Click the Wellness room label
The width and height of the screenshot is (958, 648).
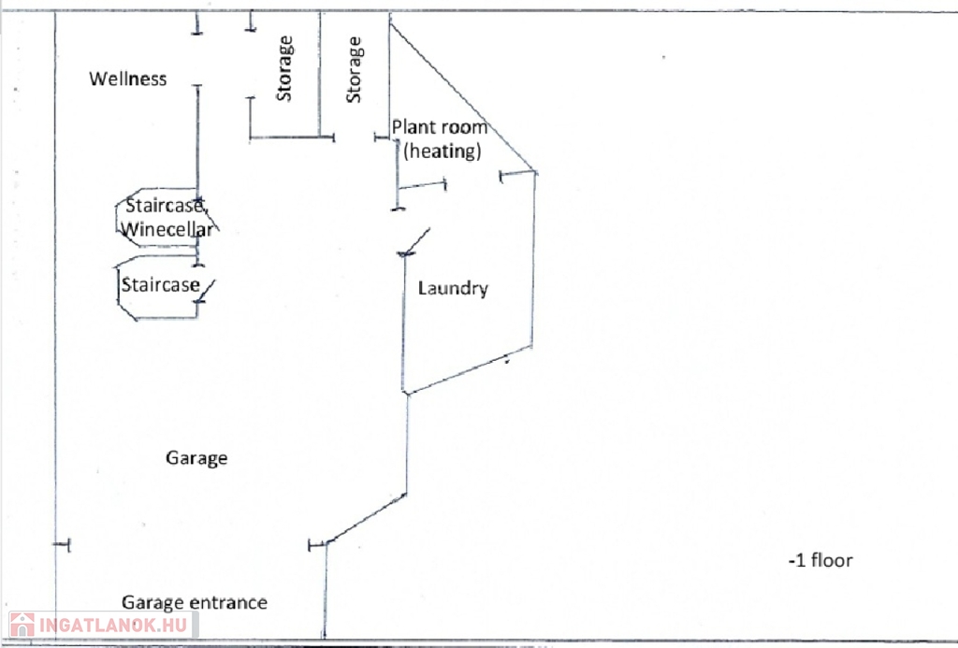tap(128, 79)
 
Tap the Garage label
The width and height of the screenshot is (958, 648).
tap(196, 458)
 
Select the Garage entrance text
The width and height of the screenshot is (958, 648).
tap(194, 602)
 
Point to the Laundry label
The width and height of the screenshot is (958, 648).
tap(453, 288)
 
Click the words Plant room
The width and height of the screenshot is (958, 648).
tap(440, 128)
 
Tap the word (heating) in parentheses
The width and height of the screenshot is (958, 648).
tap(443, 150)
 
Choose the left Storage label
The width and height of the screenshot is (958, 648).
tap(284, 68)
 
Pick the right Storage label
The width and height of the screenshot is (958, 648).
tap(354, 69)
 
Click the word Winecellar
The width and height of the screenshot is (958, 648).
tap(167, 228)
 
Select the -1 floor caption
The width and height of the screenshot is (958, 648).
tap(820, 561)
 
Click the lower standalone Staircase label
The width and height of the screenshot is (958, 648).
tap(160, 284)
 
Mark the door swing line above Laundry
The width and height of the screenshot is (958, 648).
tap(415, 240)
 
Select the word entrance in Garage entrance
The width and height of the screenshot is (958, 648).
tap(228, 602)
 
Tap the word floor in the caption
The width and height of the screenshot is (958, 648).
tap(832, 561)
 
